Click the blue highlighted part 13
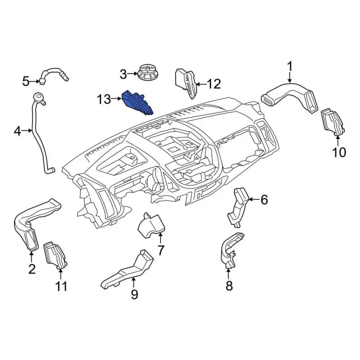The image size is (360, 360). pos(137,102)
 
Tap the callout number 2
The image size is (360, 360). pos(32,269)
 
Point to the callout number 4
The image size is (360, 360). pos(17,132)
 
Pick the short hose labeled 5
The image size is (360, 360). pos(55,74)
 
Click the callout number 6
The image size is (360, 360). pos(264,199)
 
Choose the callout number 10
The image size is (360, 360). pos(337,152)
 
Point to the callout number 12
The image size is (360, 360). pos(214,84)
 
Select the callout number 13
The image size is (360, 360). pos(104,100)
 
